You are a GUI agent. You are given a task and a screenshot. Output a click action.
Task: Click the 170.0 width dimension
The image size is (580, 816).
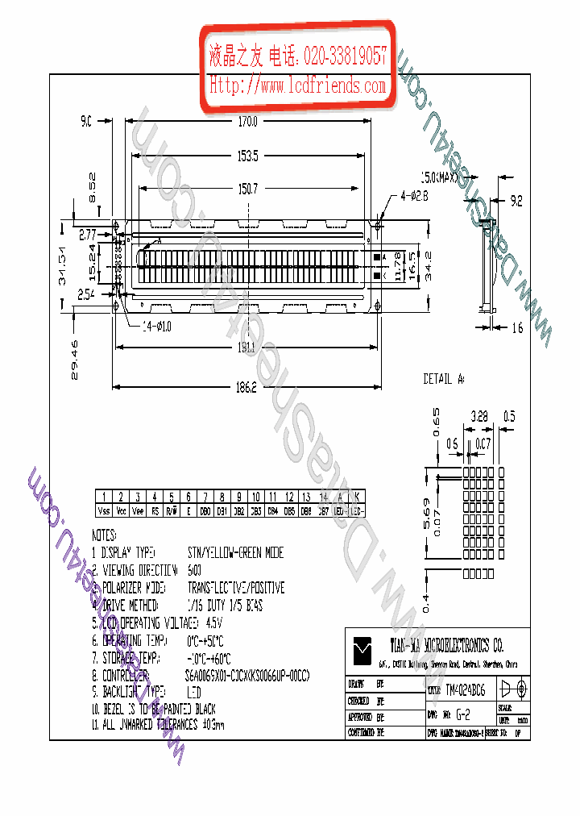[247, 123]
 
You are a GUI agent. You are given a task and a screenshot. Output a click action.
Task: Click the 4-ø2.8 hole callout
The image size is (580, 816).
[414, 196]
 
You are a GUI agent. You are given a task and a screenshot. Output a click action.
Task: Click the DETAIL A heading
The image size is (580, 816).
[444, 379]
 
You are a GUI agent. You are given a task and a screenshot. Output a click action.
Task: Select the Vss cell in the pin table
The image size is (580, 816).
[104, 511]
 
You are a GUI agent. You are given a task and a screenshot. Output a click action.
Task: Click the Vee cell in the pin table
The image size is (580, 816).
[138, 511]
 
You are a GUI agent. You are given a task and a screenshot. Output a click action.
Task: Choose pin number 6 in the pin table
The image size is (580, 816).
[188, 498]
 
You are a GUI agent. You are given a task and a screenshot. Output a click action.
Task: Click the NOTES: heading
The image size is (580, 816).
[105, 535]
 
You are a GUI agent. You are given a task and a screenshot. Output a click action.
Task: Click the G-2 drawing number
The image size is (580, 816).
[462, 714]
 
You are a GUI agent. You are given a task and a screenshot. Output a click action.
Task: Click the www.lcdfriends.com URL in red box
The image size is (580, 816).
[298, 85]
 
